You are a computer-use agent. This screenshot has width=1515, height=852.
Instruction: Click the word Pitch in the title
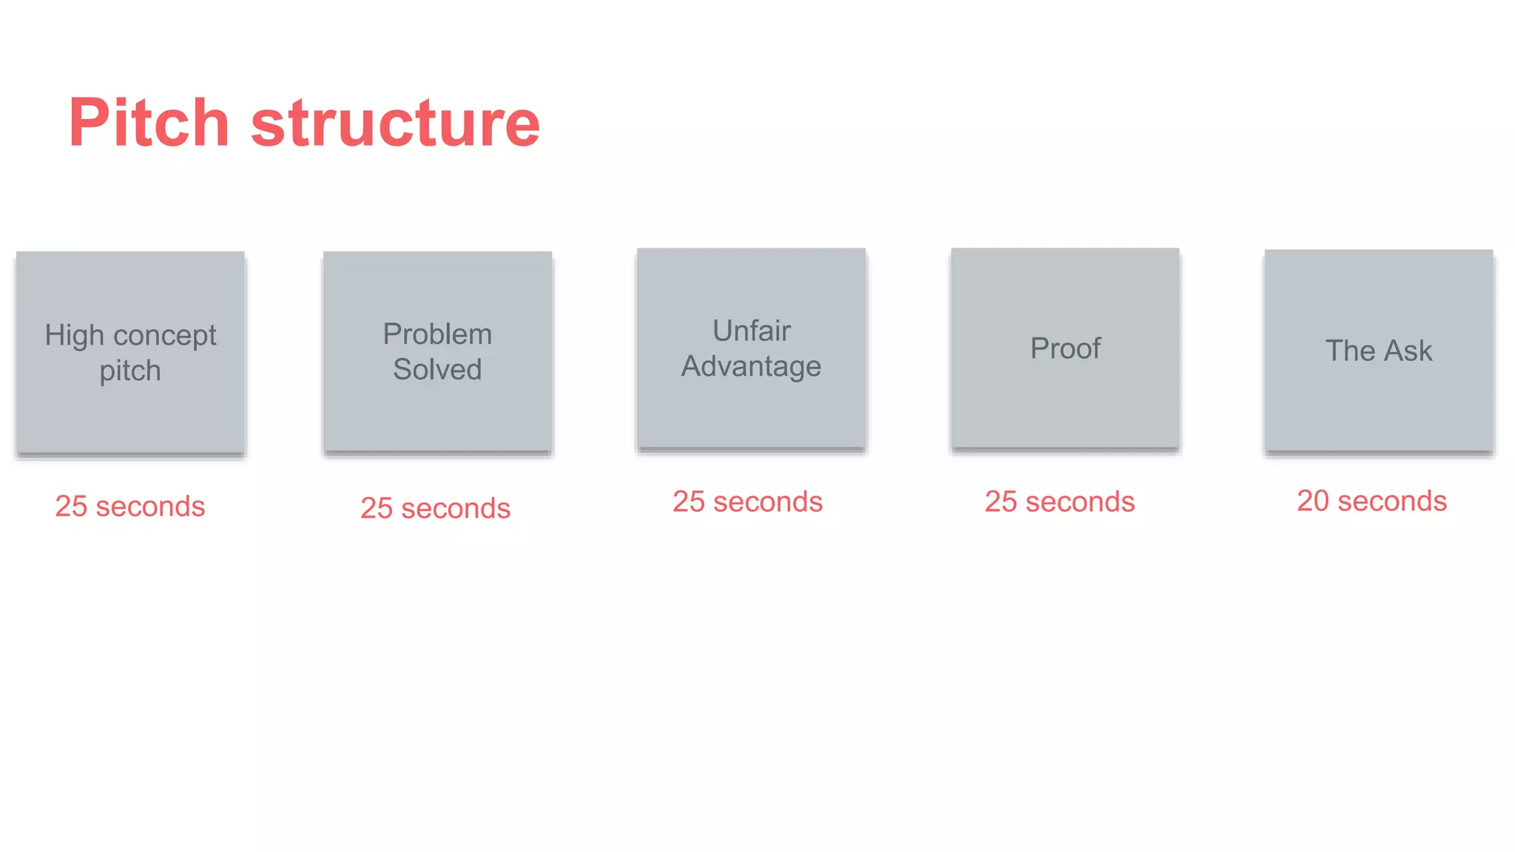click(149, 123)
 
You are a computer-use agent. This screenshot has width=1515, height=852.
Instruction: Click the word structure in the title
click(396, 123)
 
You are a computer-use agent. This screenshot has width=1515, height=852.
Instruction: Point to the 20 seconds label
click(1371, 501)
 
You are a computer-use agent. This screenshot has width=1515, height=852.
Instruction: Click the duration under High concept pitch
click(130, 507)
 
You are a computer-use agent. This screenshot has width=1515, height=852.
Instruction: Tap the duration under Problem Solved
click(436, 509)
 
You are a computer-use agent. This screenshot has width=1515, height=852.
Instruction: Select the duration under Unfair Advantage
click(747, 502)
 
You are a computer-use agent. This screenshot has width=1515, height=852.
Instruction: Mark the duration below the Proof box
click(1059, 502)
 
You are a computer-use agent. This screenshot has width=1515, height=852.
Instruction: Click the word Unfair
click(752, 331)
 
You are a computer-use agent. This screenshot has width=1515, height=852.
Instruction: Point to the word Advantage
click(751, 367)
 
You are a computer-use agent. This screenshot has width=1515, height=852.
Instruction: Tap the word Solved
click(437, 369)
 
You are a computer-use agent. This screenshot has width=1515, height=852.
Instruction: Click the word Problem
click(437, 334)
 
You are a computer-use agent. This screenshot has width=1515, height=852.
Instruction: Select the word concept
click(164, 336)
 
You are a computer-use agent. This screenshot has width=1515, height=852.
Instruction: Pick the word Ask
click(1408, 351)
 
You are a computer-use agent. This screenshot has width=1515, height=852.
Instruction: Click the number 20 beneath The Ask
click(1313, 501)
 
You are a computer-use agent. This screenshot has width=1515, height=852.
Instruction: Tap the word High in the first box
click(74, 336)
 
